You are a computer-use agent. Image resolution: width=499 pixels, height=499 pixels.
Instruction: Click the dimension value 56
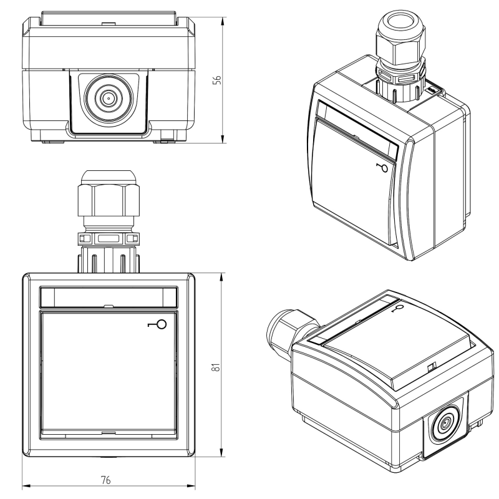pyautogui.click(x=216, y=80)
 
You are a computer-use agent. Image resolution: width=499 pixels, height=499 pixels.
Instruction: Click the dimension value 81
pyautogui.click(x=216, y=367)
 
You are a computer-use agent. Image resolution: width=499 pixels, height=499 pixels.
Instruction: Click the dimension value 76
pyautogui.click(x=105, y=480)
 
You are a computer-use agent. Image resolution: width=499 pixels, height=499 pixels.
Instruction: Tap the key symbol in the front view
pyautogui.click(x=158, y=324)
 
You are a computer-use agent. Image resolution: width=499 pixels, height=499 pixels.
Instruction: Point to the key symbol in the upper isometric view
pyautogui.click(x=382, y=168)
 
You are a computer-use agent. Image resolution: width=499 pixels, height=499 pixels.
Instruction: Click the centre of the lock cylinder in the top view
pyautogui.click(x=108, y=99)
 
